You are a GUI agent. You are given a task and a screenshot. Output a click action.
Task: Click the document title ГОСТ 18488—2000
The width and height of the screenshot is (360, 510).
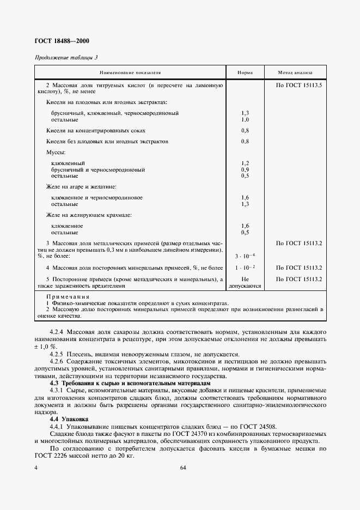point(62,41)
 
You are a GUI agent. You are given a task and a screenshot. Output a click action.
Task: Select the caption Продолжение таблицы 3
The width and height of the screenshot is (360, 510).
point(66,58)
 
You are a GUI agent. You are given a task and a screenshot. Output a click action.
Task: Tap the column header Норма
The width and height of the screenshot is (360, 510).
point(245,72)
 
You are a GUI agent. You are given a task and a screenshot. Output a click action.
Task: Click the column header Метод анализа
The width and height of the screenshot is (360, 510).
point(295,72)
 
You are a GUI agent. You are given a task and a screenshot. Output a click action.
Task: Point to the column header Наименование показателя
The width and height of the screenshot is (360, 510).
point(130,72)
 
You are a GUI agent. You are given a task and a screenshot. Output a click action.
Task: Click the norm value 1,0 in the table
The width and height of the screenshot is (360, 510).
point(245,119)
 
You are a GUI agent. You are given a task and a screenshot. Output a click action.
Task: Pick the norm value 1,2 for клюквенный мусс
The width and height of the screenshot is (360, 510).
point(245,163)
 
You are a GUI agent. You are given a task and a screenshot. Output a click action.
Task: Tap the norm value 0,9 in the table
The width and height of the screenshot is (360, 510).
point(245,169)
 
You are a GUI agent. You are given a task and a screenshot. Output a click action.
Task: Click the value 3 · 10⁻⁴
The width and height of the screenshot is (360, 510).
point(245,256)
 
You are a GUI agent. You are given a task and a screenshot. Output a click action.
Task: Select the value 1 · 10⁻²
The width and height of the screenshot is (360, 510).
point(245,268)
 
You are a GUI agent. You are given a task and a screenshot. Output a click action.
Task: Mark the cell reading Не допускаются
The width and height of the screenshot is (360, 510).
point(245,282)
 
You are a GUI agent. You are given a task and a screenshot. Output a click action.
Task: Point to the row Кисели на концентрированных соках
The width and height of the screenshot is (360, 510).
point(96,131)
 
